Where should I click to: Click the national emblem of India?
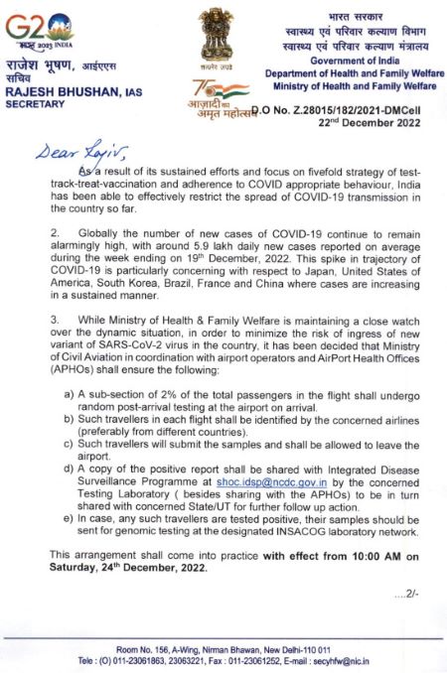coord(216,36)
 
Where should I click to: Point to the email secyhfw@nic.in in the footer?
coord(347,659)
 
